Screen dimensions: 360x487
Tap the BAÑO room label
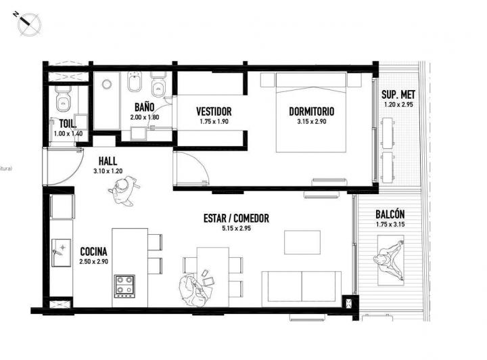click(x=144, y=107)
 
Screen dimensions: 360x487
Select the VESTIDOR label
click(x=214, y=112)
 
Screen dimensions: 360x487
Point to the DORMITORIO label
click(x=311, y=112)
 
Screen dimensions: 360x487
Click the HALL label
click(x=108, y=162)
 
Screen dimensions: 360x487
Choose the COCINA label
click(x=93, y=250)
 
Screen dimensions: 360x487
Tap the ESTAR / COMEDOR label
click(x=236, y=219)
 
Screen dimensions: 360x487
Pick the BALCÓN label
click(x=392, y=214)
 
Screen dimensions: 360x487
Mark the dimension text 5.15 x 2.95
click(x=236, y=229)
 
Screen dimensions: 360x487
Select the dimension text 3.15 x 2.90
click(x=311, y=122)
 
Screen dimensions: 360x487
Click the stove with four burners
click(x=124, y=285)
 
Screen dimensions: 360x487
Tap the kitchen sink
click(x=61, y=251)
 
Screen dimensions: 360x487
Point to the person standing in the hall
click(x=123, y=192)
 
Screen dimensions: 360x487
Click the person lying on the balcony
click(x=390, y=261)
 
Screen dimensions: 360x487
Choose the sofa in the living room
click(x=301, y=286)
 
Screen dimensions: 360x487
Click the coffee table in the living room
click(x=298, y=242)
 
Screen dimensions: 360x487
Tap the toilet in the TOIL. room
click(x=63, y=99)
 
